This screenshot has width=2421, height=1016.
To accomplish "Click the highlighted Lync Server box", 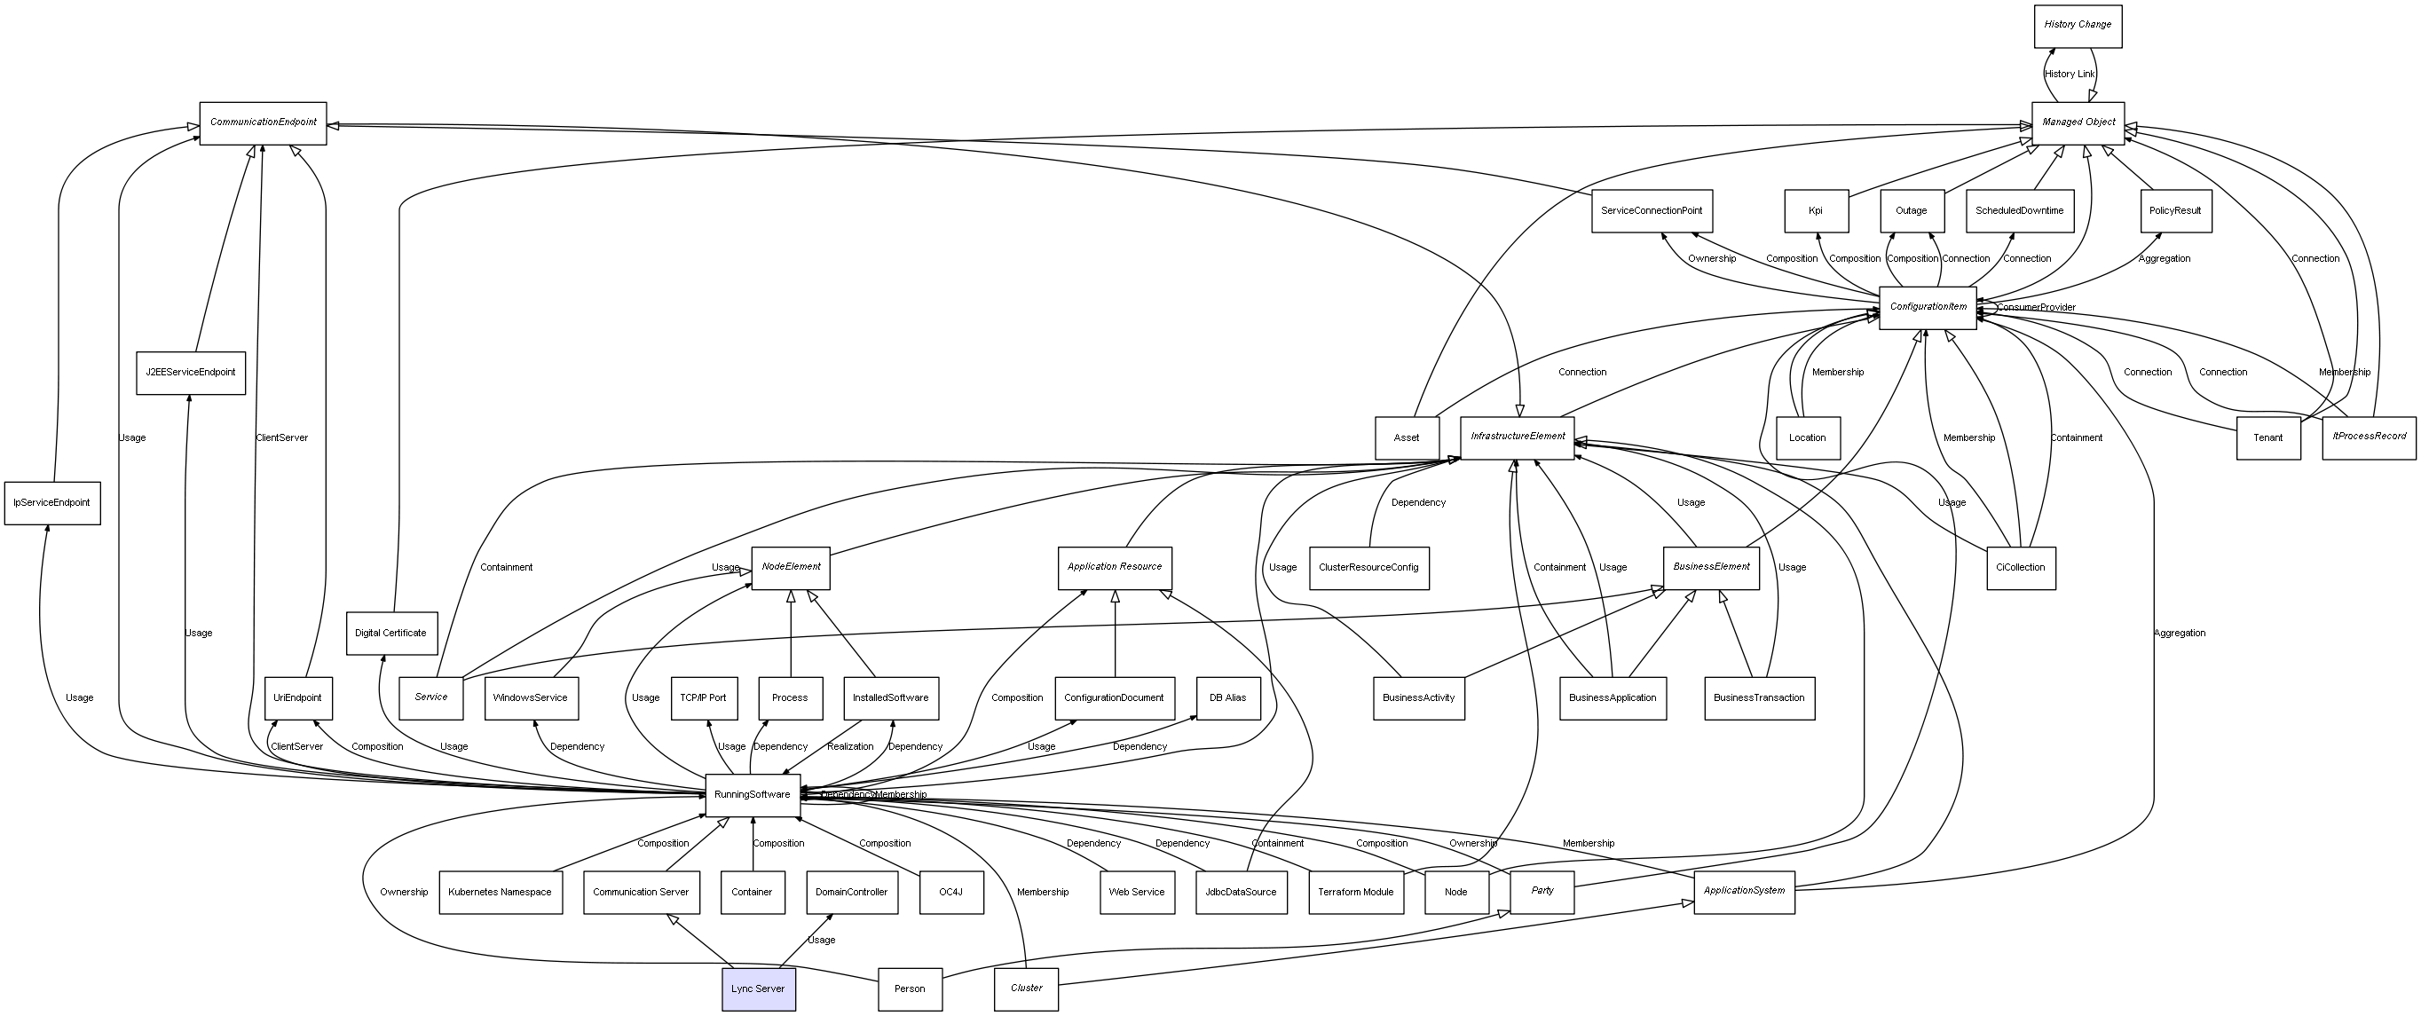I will [x=758, y=988].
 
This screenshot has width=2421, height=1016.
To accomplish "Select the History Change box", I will [x=2077, y=26].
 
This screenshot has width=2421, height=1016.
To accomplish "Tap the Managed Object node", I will [x=2077, y=123].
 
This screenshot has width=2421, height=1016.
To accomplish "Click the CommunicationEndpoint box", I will [x=264, y=123].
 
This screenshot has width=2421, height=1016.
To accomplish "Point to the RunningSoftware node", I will [x=752, y=795].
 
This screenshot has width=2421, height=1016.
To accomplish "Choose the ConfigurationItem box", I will [x=1927, y=307].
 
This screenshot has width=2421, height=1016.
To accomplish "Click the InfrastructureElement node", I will [x=1517, y=437].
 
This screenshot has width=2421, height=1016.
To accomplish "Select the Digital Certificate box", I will [x=391, y=634].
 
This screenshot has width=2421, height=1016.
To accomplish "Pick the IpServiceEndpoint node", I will [x=51, y=503].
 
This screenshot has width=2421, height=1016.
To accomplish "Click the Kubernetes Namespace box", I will [x=500, y=892].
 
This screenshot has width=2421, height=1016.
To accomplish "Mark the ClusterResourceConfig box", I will [x=1368, y=568].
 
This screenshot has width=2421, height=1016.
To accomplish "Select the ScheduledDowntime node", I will [x=2019, y=211].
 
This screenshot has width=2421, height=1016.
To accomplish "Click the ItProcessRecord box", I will [x=2369, y=437].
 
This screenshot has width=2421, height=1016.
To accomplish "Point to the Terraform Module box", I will [x=1356, y=892].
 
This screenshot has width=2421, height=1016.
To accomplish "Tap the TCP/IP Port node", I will [x=703, y=698].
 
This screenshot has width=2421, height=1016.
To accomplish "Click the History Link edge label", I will [x=2069, y=75].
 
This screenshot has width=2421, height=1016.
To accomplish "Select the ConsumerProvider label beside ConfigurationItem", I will [x=2036, y=308].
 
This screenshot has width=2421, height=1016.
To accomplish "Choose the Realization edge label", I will [x=849, y=747].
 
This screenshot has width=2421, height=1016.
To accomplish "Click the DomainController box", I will [x=850, y=892].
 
